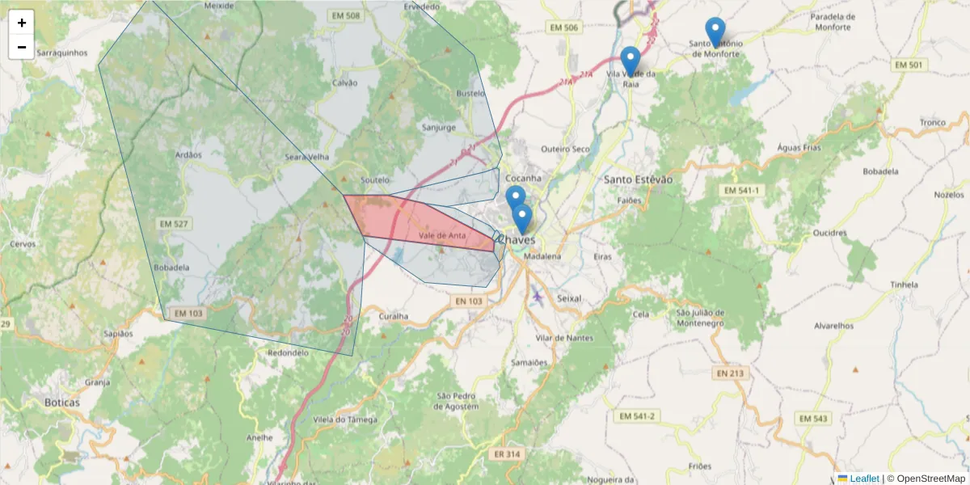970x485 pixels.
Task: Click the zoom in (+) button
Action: [22, 23]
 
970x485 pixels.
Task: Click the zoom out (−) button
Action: [22, 47]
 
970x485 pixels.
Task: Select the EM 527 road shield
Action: [174, 223]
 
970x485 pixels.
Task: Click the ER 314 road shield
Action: [506, 454]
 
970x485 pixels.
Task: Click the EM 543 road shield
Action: [813, 418]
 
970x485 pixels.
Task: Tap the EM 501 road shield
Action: [909, 65]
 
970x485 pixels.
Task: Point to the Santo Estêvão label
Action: [639, 179]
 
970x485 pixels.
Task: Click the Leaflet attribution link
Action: [863, 479]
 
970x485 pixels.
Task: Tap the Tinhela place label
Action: [904, 285]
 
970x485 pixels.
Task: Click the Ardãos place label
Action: [188, 154]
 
